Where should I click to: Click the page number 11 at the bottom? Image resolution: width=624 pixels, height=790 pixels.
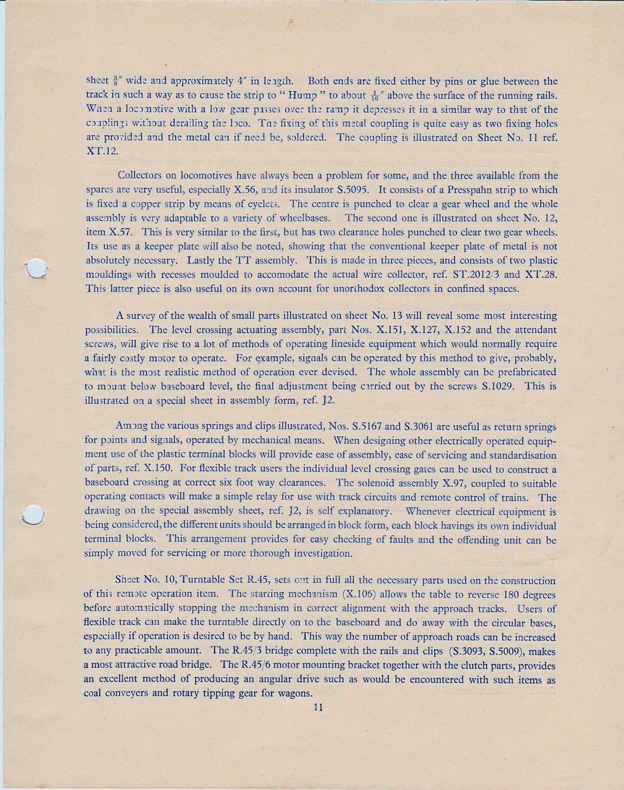click(x=319, y=708)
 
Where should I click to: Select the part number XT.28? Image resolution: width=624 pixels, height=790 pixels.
click(x=540, y=275)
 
